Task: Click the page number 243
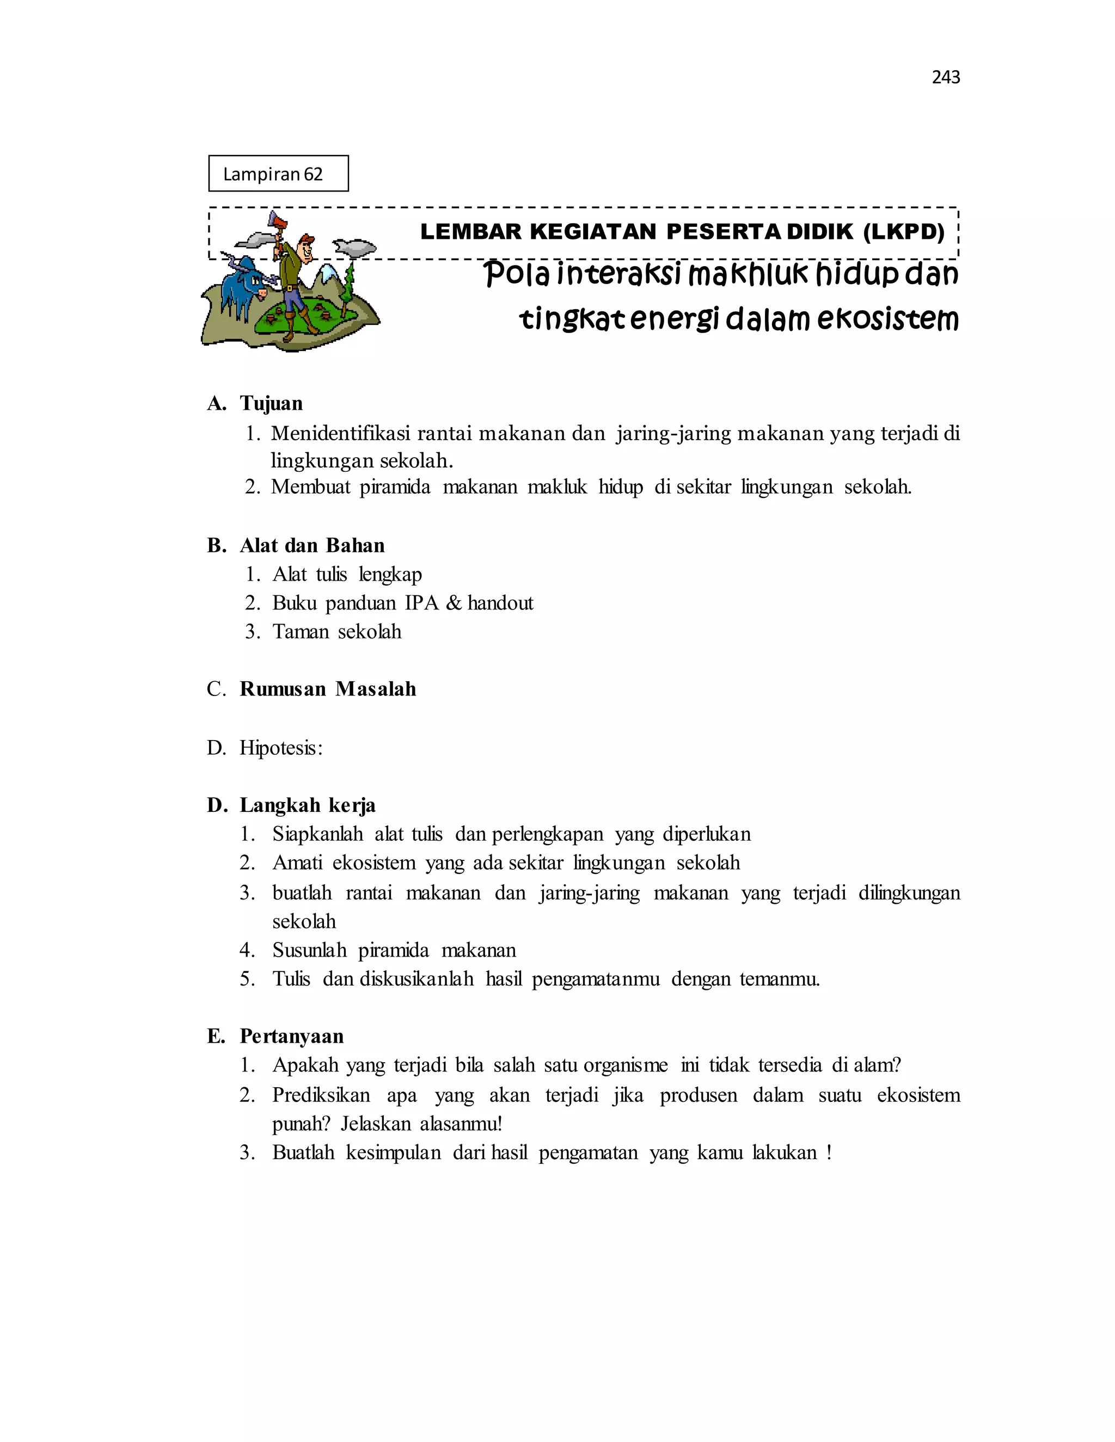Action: point(945,77)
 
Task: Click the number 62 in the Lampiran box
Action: point(313,174)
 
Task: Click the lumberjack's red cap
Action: point(307,238)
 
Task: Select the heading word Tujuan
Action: point(271,403)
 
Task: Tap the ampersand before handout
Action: point(453,603)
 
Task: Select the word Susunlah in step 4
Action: point(309,950)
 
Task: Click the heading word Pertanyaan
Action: point(291,1036)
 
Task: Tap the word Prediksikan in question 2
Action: point(321,1095)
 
